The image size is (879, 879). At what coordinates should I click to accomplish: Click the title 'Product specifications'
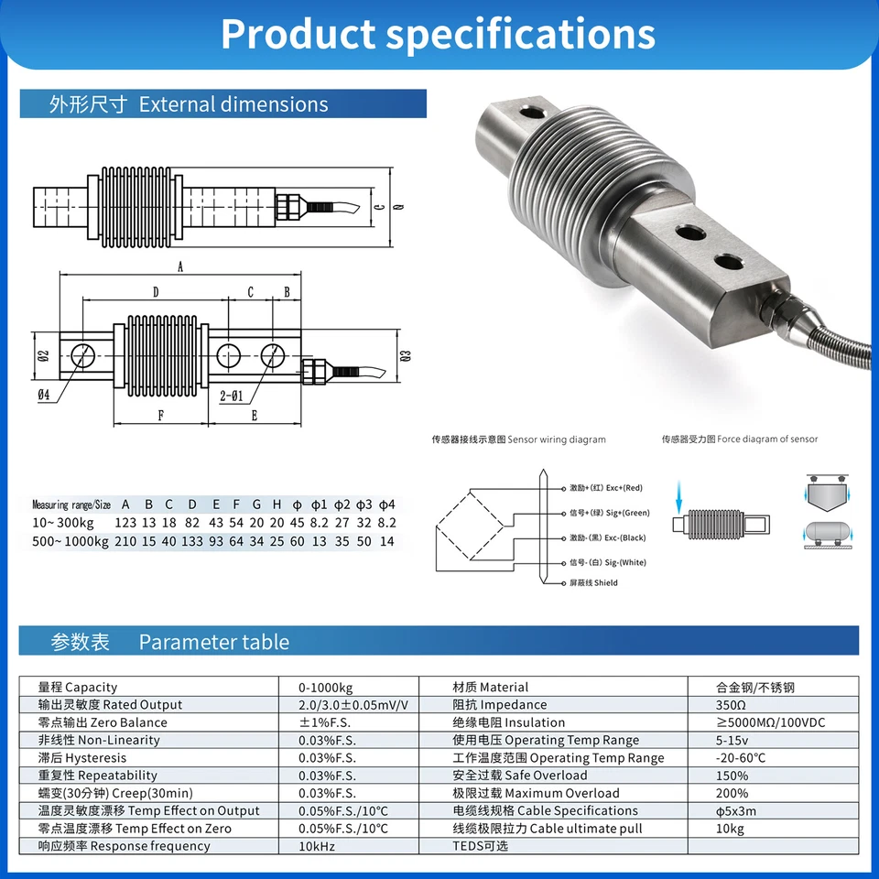pyautogui.click(x=438, y=34)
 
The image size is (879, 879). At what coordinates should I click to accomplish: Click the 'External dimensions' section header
pyautogui.click(x=188, y=104)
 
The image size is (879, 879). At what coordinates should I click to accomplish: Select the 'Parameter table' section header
pyautogui.click(x=170, y=642)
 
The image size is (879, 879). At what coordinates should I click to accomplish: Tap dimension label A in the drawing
pyautogui.click(x=180, y=266)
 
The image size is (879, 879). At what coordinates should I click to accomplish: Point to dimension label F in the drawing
pyautogui.click(x=161, y=415)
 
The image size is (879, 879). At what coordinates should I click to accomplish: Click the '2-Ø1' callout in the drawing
pyautogui.click(x=232, y=396)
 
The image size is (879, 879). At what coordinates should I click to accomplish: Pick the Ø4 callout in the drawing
pyautogui.click(x=43, y=396)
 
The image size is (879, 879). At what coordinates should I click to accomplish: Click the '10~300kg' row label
pyautogui.click(x=62, y=523)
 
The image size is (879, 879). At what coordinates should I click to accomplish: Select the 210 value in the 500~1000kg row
pyautogui.click(x=125, y=541)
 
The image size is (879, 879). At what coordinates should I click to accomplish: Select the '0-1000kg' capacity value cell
pyautogui.click(x=325, y=687)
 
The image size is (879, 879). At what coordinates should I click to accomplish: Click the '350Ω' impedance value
pyautogui.click(x=731, y=705)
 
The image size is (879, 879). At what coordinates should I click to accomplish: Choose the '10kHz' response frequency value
pyautogui.click(x=317, y=846)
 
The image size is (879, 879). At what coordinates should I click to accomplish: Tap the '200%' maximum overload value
pyautogui.click(x=732, y=793)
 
